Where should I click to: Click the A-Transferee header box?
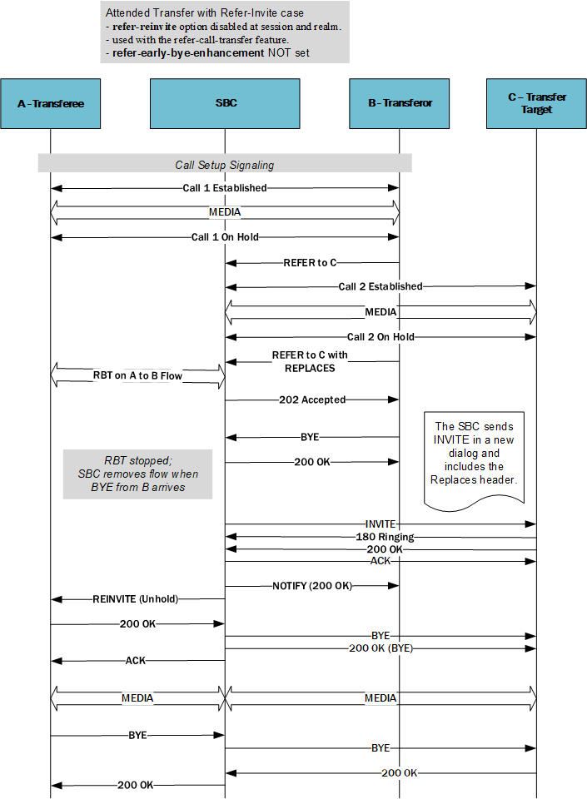51,103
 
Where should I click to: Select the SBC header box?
225,103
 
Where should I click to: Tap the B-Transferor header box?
400,103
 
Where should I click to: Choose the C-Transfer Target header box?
536,103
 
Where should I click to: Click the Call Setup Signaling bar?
224,164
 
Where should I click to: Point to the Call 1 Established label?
225,188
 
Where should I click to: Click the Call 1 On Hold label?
225,236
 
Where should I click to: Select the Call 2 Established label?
381,286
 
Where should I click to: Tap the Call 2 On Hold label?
381,337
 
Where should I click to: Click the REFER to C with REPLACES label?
310,361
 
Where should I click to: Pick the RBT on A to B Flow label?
137,376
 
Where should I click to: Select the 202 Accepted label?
312,399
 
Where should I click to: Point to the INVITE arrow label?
381,524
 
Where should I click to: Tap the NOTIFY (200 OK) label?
312,586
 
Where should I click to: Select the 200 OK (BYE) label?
381,648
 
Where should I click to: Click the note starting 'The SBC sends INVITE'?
474,454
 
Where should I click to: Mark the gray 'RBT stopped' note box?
137,474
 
